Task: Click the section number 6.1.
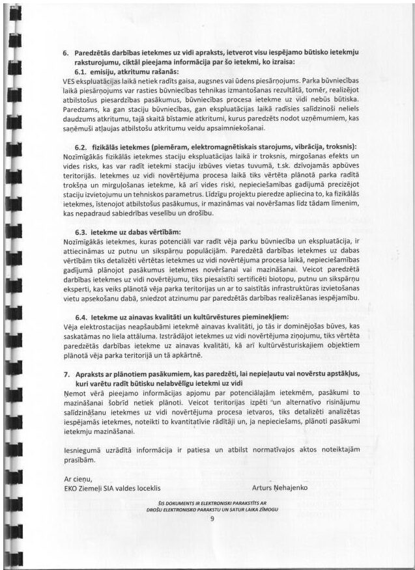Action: pos(83,71)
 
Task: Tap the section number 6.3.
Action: pos(83,232)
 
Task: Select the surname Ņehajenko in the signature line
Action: pos(290,487)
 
